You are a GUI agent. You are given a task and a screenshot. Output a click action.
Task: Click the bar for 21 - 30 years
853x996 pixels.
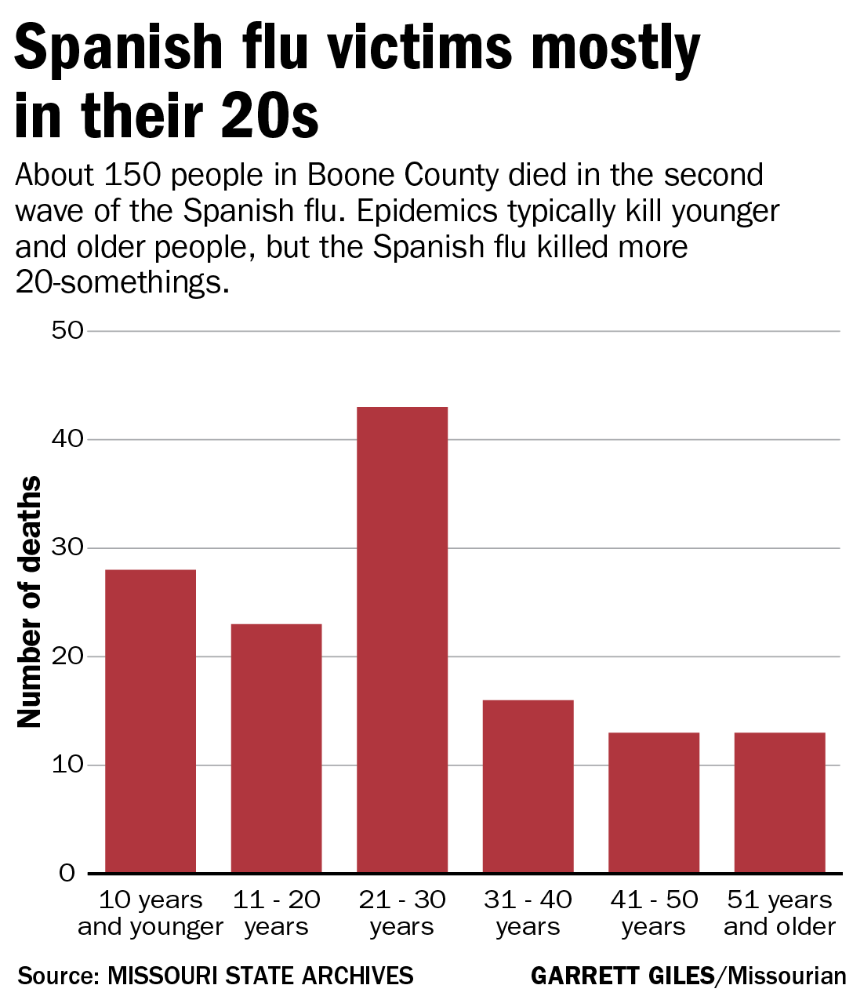(x=402, y=639)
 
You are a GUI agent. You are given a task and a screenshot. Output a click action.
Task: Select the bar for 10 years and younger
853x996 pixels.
(x=151, y=721)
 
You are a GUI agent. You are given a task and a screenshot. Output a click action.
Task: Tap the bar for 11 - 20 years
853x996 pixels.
(x=276, y=748)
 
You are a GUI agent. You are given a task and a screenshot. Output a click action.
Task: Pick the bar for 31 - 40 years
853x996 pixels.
(x=528, y=786)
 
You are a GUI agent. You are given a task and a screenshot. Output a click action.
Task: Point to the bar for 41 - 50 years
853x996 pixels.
(x=654, y=802)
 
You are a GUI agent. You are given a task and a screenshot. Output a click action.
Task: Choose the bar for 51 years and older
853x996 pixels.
(x=779, y=802)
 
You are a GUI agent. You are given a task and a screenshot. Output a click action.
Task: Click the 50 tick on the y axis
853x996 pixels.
(x=67, y=330)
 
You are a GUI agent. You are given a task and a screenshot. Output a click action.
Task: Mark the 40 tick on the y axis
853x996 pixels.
(x=67, y=439)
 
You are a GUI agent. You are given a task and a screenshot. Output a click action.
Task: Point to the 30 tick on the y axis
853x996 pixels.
(x=67, y=547)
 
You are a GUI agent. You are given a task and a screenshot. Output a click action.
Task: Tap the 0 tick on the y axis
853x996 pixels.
(x=67, y=873)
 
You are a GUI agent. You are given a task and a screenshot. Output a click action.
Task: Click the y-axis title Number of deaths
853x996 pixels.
(x=30, y=602)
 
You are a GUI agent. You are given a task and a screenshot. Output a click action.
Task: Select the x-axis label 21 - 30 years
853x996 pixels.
(x=402, y=913)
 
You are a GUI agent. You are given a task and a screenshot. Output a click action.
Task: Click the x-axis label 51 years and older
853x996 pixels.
(x=779, y=913)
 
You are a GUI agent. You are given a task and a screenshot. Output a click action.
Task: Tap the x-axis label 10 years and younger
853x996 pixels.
(x=151, y=913)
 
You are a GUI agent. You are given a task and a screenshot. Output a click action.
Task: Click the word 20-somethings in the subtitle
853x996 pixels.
(x=122, y=282)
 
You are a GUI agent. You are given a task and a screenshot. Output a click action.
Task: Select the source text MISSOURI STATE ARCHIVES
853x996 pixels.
(x=260, y=976)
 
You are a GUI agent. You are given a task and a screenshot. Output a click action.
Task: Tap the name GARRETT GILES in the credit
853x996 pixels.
(x=623, y=976)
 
